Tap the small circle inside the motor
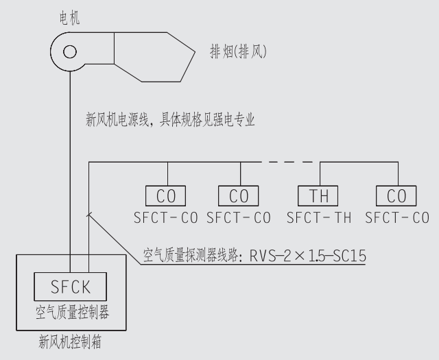pyautogui.click(x=69, y=51)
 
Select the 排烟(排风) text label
pyautogui.click(x=238, y=51)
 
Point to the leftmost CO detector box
pyautogui.click(x=167, y=196)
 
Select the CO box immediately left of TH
pyautogui.click(x=239, y=196)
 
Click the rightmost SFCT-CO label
pyautogui.click(x=397, y=218)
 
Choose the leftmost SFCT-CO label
pyautogui.click(x=167, y=218)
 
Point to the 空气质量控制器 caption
pyautogui.click(x=72, y=312)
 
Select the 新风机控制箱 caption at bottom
pyautogui.click(x=71, y=340)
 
